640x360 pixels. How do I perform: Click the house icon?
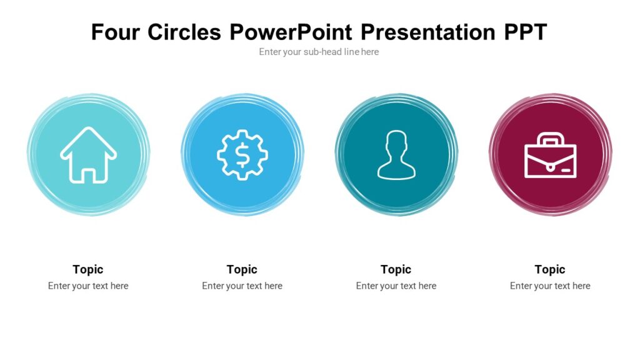(88, 155)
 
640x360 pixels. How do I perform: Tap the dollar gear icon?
(242, 154)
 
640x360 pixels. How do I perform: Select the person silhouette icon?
(396, 155)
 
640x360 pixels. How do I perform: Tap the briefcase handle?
(550, 139)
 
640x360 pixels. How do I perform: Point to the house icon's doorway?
(89, 174)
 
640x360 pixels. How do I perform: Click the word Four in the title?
(116, 32)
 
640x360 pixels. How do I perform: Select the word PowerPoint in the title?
(291, 32)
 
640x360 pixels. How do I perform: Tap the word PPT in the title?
(526, 32)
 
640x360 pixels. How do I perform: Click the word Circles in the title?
(184, 32)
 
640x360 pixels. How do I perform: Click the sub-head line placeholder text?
(319, 52)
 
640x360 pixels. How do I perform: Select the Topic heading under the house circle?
(88, 269)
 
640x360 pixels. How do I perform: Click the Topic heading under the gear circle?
(242, 269)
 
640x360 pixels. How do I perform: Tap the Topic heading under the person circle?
(396, 269)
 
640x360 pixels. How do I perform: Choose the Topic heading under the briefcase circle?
(550, 269)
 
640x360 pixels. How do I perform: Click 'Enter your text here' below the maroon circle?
(550, 286)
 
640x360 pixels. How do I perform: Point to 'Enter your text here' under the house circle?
(88, 286)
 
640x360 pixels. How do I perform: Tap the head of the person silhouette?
(396, 143)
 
